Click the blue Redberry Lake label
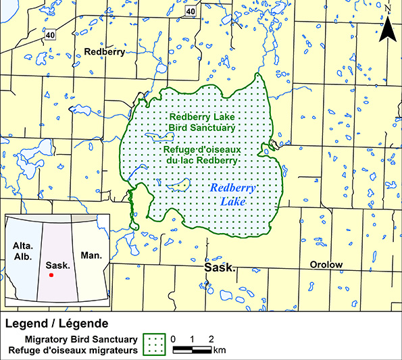(x=228, y=194)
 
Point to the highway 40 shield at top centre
(x=191, y=11)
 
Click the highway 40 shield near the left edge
(x=50, y=34)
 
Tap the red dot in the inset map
(x=52, y=274)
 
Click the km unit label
(x=220, y=350)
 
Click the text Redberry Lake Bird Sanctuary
(x=202, y=121)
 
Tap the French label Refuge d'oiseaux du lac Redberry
(x=202, y=154)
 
